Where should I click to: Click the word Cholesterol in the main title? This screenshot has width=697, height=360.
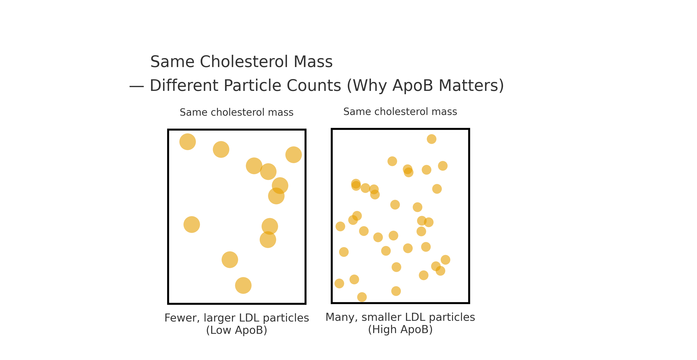coord(244,62)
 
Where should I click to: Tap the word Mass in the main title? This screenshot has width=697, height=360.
coord(313,62)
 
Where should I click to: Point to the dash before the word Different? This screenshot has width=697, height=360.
coord(137,87)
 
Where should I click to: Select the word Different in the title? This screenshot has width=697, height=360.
coord(184,85)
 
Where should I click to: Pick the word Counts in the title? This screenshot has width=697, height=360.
coord(314,85)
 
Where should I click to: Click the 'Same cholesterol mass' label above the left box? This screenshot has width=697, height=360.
coord(237,112)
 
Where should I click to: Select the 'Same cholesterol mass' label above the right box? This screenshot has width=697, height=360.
coord(400,111)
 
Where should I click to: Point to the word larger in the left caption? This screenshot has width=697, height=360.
coord(219,318)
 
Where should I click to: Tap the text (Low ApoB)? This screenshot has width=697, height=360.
coord(237,330)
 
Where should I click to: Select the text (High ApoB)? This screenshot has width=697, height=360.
coord(400,330)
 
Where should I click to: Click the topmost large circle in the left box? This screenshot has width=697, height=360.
coord(187,142)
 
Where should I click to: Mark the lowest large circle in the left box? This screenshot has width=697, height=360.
coord(243,285)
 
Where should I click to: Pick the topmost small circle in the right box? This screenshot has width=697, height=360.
coord(432,139)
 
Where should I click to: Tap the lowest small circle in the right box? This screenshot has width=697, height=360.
coord(362,297)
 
